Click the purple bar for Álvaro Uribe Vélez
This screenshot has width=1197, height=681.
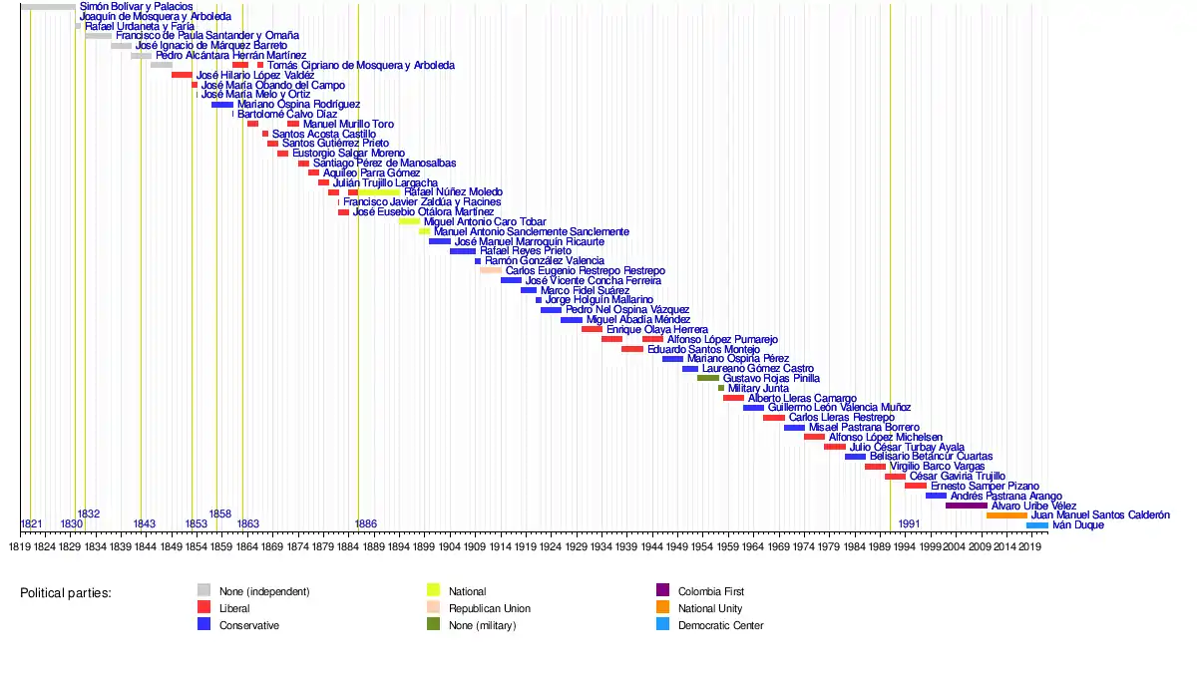(x=966, y=506)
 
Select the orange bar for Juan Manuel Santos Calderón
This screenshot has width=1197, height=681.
(x=1006, y=515)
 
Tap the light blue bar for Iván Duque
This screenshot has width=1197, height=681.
(x=1037, y=525)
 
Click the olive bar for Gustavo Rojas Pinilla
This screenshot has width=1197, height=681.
(x=708, y=379)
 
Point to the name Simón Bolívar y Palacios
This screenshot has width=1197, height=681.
(x=136, y=7)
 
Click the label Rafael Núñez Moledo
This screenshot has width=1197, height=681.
(x=453, y=191)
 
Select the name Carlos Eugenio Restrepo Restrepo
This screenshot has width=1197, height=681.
(x=585, y=271)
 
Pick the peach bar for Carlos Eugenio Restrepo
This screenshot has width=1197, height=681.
(x=491, y=270)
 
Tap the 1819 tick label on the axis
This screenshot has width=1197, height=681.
(x=19, y=546)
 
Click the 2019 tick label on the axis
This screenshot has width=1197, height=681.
(x=1031, y=546)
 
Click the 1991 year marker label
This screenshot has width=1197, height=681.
(x=909, y=524)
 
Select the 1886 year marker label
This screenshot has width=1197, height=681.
(x=366, y=524)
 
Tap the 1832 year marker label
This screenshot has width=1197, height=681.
(x=89, y=513)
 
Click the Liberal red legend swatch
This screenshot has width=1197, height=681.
(x=203, y=608)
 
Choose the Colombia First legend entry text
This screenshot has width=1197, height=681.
(x=710, y=591)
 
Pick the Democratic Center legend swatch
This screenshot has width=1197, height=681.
(x=662, y=625)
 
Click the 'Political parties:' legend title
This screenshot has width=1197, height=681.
(x=66, y=593)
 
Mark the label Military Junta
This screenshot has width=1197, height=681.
(x=758, y=389)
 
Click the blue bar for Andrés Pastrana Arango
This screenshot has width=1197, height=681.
(x=936, y=496)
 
